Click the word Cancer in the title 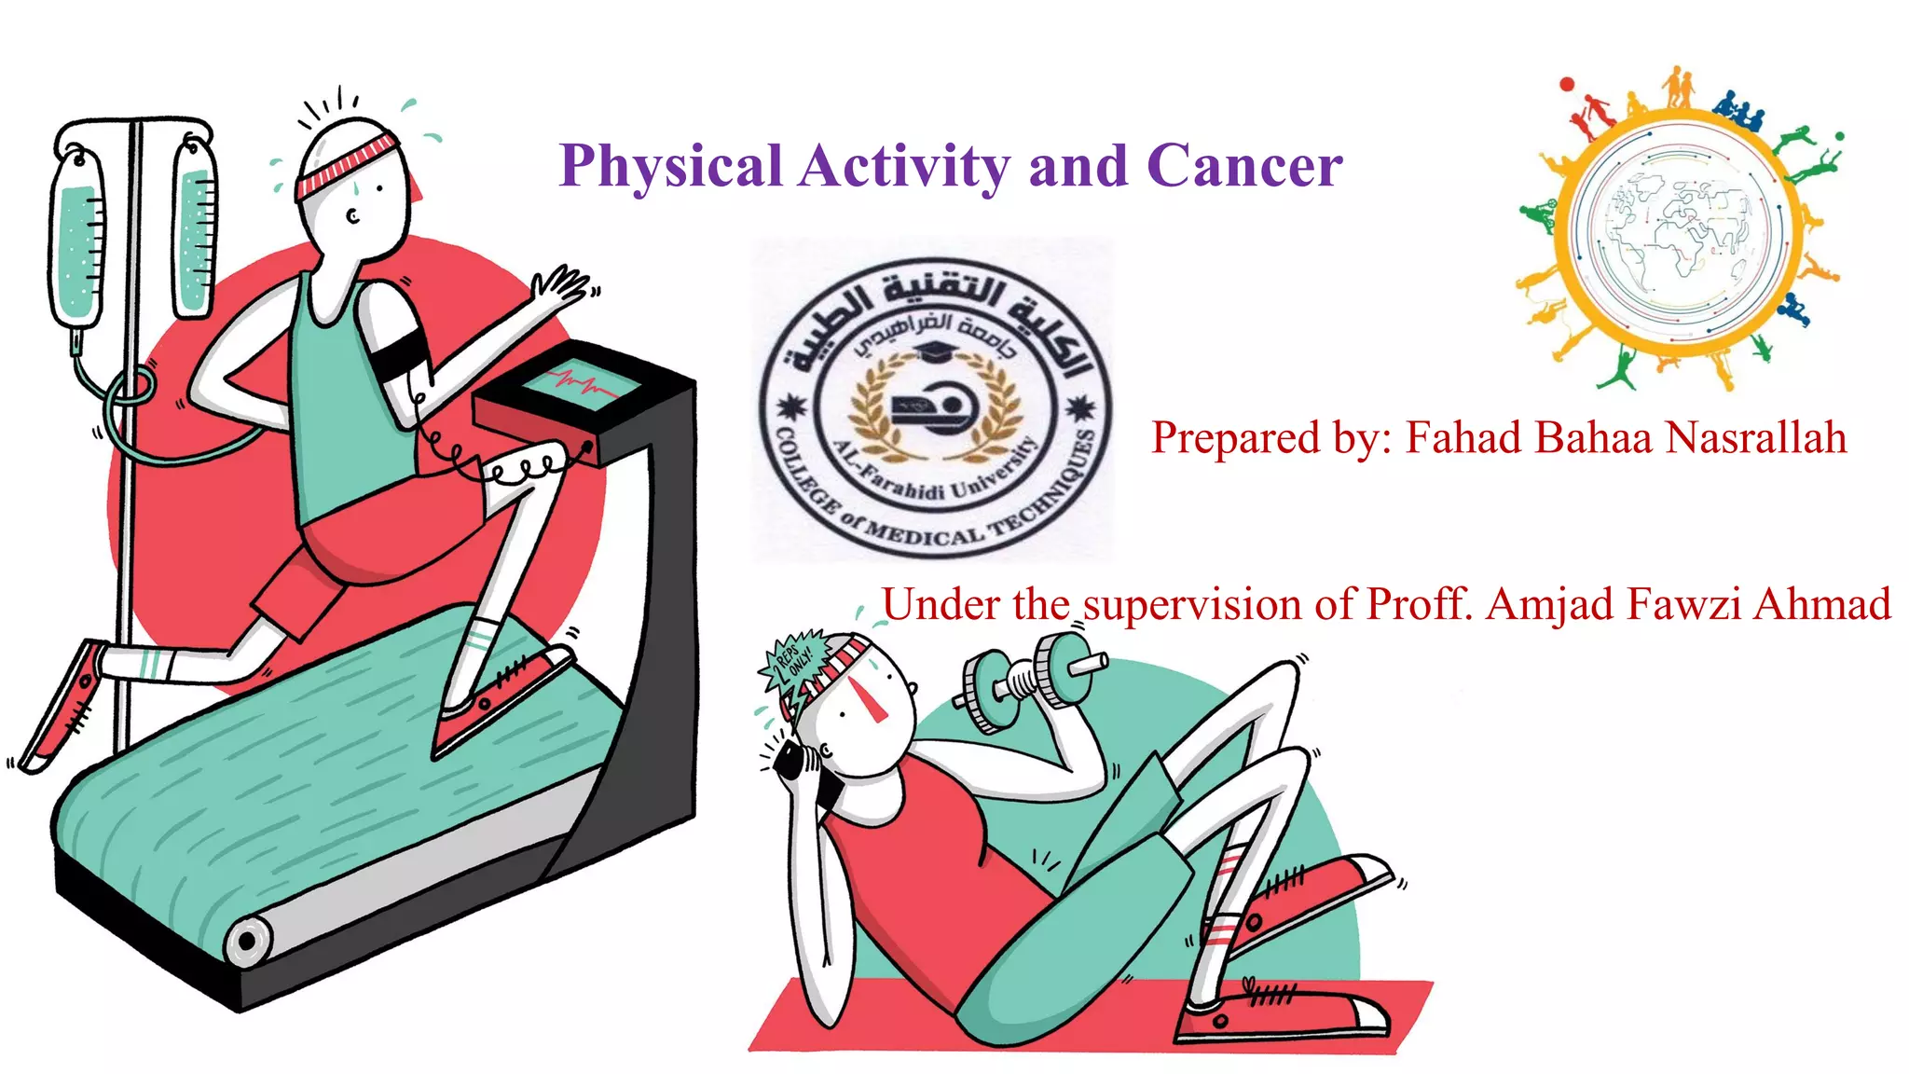1244,167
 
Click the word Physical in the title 670,167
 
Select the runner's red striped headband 347,164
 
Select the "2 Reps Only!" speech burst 795,659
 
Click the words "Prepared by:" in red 1271,437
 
